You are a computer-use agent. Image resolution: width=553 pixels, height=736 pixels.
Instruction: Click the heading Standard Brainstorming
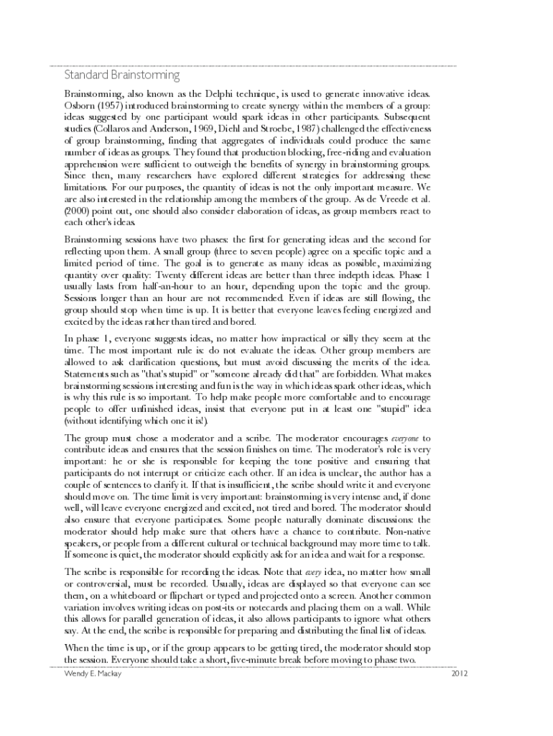pyautogui.click(x=122, y=75)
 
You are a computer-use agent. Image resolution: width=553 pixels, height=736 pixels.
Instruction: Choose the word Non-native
pyautogui.click(x=409, y=531)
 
